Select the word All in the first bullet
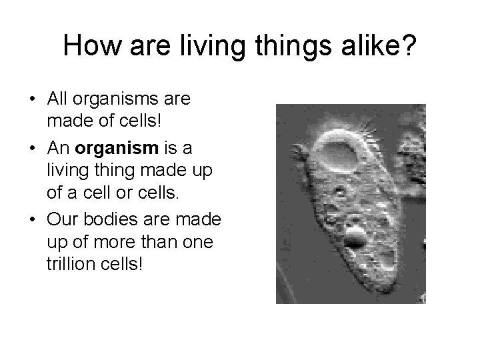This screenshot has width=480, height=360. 59,99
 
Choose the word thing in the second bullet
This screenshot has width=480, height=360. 107,170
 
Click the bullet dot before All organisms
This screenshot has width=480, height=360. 33,100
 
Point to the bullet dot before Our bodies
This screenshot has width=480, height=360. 33,221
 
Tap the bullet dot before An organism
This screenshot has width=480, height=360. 33,147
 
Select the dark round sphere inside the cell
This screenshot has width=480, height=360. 355,235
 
